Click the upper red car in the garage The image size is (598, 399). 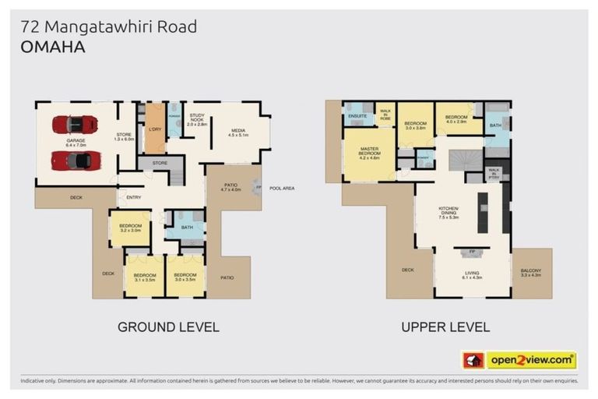point(75,125)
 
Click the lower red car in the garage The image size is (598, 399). point(75,161)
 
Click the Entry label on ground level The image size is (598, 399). point(134,197)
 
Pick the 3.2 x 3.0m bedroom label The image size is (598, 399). point(129,228)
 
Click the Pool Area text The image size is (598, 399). point(281,188)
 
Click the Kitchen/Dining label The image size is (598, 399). point(448,214)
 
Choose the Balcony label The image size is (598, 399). point(532,273)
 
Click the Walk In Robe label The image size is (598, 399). point(385,115)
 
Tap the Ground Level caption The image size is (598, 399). point(168,327)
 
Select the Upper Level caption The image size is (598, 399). point(445,327)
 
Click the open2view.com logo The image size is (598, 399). point(532,360)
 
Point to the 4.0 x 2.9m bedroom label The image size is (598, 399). point(456,120)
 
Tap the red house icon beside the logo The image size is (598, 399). point(473,360)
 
